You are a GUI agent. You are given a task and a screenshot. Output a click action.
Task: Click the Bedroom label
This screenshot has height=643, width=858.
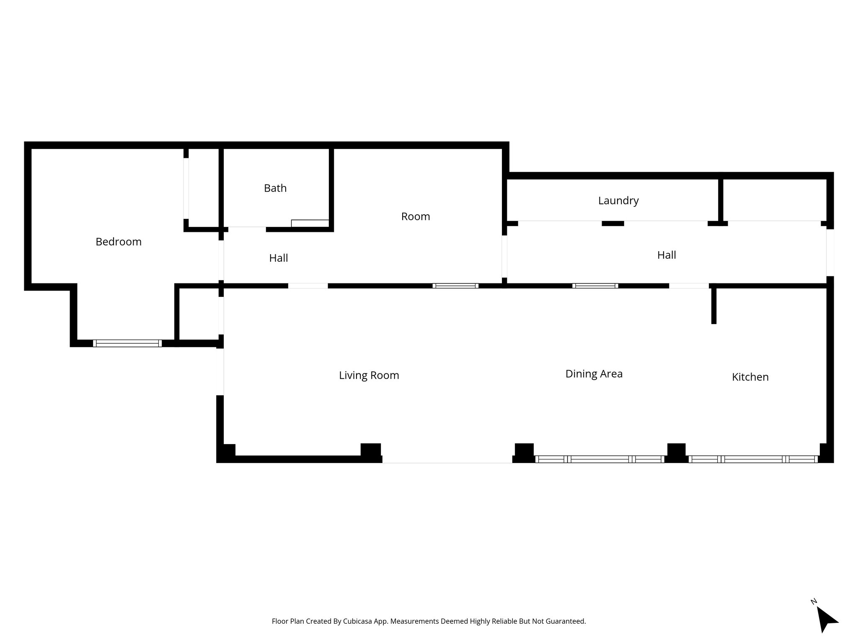pyautogui.click(x=119, y=242)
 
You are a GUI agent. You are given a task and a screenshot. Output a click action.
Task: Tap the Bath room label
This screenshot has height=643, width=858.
pyautogui.click(x=275, y=188)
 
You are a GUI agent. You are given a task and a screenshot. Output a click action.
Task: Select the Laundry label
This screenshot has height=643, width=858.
pyautogui.click(x=618, y=201)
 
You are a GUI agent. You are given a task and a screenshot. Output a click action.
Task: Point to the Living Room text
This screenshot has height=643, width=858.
pyautogui.click(x=369, y=376)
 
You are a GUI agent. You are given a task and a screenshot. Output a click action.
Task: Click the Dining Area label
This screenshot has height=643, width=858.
pyautogui.click(x=594, y=374)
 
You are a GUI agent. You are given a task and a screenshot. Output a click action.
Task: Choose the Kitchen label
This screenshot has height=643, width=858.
pyautogui.click(x=750, y=377)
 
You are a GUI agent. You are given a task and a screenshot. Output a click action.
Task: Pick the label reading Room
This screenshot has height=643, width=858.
pyautogui.click(x=416, y=216)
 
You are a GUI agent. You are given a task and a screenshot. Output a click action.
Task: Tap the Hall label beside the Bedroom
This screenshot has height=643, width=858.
pyautogui.click(x=278, y=258)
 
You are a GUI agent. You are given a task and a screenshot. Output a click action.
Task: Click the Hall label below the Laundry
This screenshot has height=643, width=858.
pyautogui.click(x=667, y=255)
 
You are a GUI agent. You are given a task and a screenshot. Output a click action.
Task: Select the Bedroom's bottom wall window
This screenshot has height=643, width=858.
pyautogui.click(x=127, y=343)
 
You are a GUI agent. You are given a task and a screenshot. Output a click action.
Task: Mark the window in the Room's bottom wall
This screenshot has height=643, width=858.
pyautogui.click(x=455, y=286)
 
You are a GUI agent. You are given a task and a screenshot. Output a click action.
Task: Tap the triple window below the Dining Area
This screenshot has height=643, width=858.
pyautogui.click(x=600, y=459)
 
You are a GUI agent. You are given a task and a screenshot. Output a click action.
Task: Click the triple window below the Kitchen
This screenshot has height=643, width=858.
pyautogui.click(x=753, y=459)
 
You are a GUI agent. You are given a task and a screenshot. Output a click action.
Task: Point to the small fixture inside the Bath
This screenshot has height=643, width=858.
pyautogui.click(x=310, y=223)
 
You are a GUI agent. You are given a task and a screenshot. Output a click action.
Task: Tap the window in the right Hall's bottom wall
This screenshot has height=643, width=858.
pyautogui.click(x=595, y=286)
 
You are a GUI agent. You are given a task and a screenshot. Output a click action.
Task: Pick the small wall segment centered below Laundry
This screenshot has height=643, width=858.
pyautogui.click(x=612, y=224)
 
